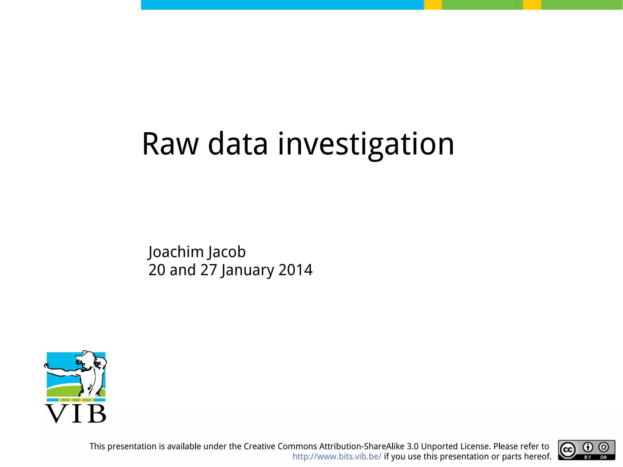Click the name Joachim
pos(176,252)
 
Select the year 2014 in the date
pos(295,270)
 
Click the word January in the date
pos(247,270)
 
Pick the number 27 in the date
pos(208,270)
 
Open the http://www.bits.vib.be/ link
pos(337,456)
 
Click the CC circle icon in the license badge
pos(568,450)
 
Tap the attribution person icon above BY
pos(588,447)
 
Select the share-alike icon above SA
pos(604,447)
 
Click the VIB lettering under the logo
pos(76,414)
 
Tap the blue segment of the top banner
pos(282,5)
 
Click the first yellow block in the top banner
pos(433,5)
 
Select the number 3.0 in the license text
pos(412,446)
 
